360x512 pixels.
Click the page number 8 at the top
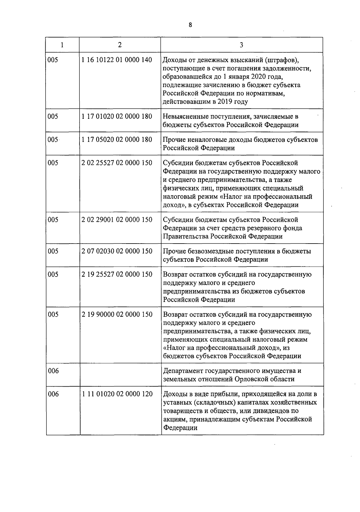pos(190,25)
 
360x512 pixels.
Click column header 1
pos(62,45)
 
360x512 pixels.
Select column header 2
pos(120,45)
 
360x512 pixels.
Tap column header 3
pos(241,45)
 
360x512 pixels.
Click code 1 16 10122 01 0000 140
pos(117,60)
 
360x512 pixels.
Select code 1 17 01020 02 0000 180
pos(117,116)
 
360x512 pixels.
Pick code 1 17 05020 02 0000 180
pos(117,139)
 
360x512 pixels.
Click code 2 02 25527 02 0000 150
pos(117,163)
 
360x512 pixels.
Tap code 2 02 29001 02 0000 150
pos(117,220)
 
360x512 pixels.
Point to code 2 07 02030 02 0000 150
pos(117,251)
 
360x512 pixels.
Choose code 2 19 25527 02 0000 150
pos(117,274)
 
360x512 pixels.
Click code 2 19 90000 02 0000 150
pos(117,314)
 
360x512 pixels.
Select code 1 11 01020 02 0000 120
pos(117,394)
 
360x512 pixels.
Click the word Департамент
pos(183,371)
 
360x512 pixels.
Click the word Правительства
pos(185,236)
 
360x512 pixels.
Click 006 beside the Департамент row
pos(53,371)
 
